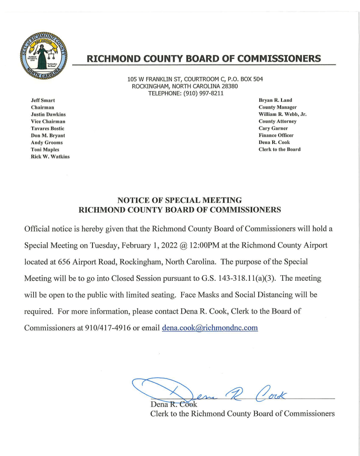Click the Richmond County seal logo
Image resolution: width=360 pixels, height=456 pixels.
pos(44,56)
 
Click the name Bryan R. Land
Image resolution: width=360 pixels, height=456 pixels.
pos(275,100)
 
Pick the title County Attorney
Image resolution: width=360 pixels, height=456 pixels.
pos(277,121)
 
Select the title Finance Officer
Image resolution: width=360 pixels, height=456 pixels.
pos(276,135)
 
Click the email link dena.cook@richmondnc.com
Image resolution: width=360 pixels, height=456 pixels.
pos(210,328)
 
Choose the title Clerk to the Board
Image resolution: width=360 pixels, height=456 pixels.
pos(280,150)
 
